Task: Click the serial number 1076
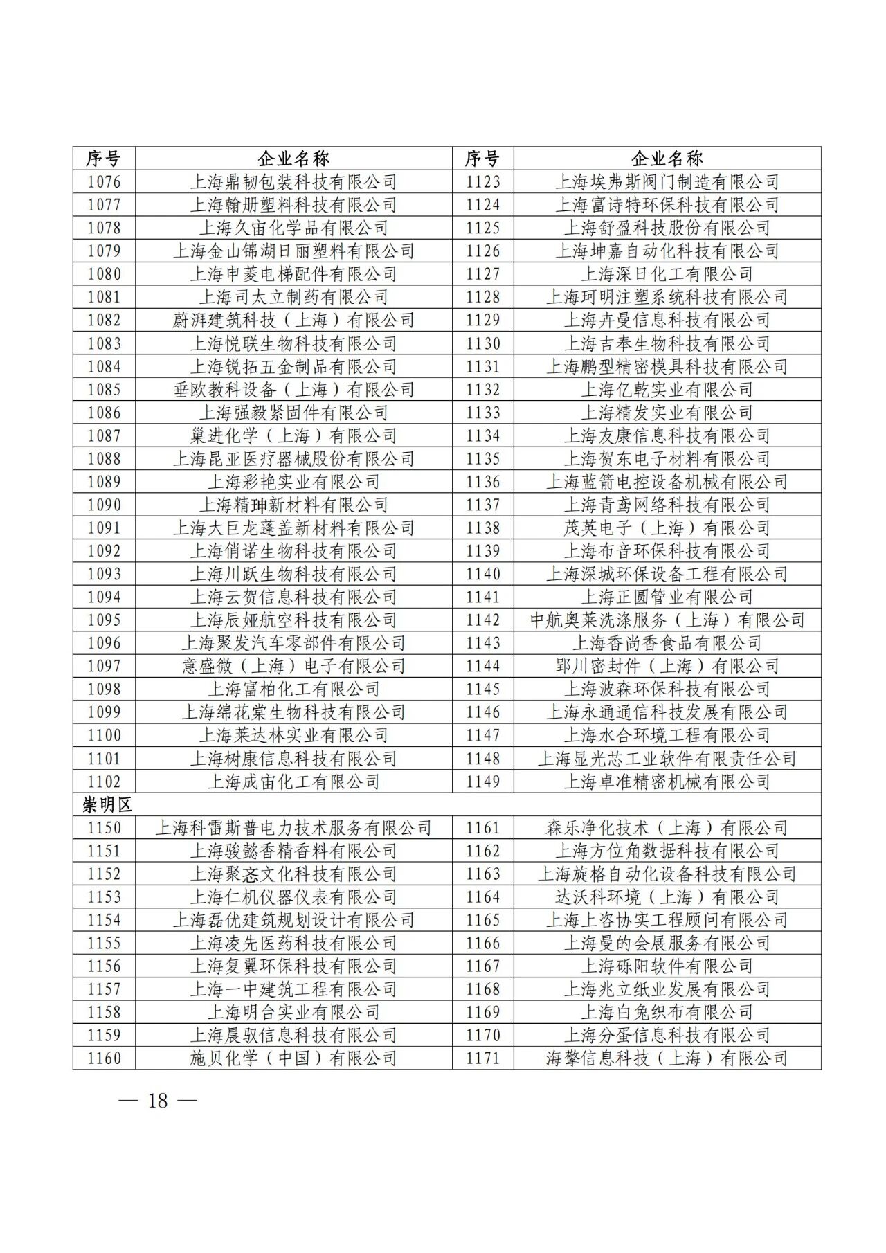[x=104, y=182]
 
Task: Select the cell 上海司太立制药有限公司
[x=293, y=297]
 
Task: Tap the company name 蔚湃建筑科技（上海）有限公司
[x=293, y=320]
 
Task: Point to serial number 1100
[x=104, y=735]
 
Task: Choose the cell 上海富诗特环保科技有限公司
[x=667, y=205]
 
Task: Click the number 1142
[x=482, y=620]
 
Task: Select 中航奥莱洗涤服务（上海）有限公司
[x=667, y=620]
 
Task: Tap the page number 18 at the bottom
[x=158, y=1101]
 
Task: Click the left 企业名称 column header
[x=293, y=159]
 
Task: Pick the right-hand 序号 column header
[x=482, y=159]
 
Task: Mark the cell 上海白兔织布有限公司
[x=667, y=1012]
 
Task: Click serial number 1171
[x=482, y=1058]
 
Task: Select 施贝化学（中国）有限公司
[x=293, y=1058]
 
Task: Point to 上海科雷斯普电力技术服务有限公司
[x=293, y=828]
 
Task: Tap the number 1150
[x=104, y=828]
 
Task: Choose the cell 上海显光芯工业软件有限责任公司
[x=667, y=759]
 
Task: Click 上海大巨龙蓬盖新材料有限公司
[x=293, y=528]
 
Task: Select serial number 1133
[x=482, y=413]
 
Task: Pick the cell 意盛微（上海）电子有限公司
[x=293, y=666]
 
